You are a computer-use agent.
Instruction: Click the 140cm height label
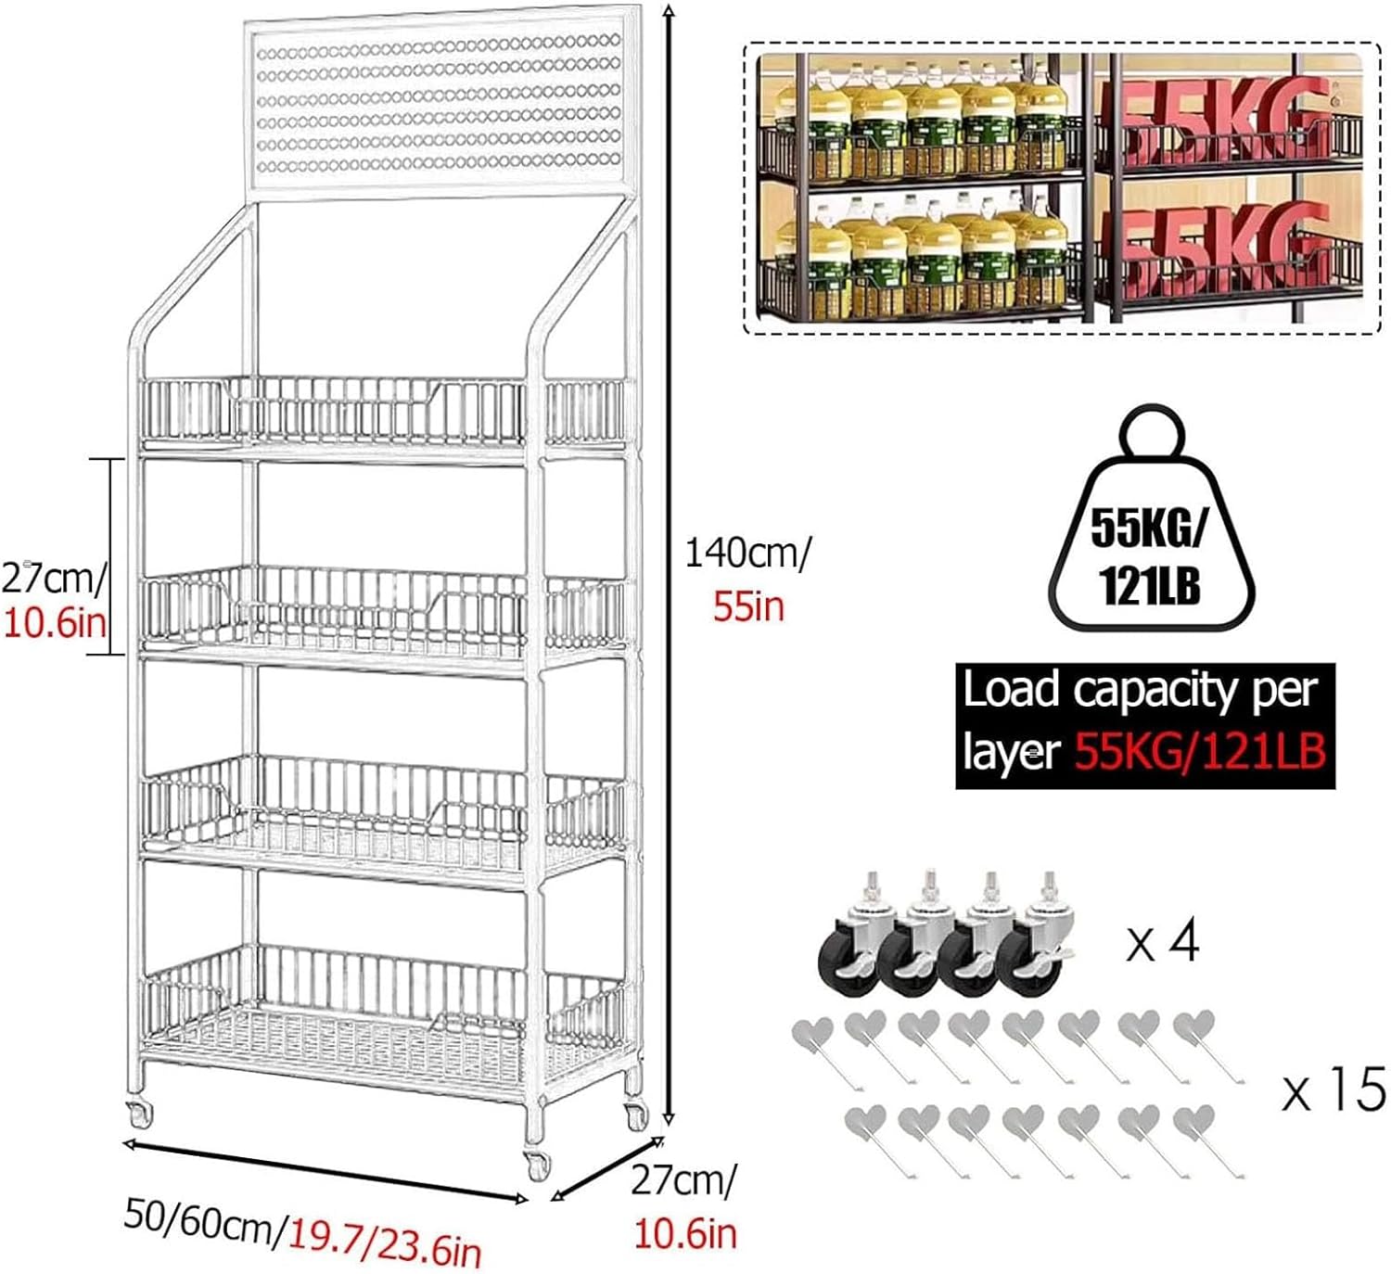tap(747, 554)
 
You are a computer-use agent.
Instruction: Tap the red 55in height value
tap(749, 606)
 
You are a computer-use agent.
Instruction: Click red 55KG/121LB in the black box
tap(1200, 753)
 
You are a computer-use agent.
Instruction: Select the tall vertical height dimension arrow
tap(668, 566)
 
